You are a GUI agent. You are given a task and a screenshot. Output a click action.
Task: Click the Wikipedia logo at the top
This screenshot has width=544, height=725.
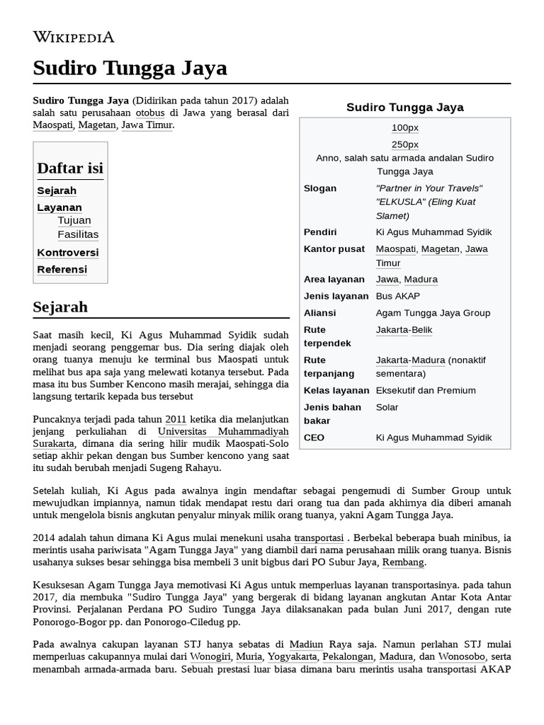(x=74, y=37)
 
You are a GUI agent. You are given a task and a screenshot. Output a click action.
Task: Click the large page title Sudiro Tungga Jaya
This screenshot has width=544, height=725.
(x=130, y=68)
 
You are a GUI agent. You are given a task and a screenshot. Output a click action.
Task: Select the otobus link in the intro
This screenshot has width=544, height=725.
(x=150, y=113)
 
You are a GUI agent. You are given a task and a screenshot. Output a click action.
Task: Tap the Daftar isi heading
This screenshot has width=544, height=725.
(x=70, y=169)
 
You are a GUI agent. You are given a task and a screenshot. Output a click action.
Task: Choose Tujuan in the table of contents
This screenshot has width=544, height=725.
(x=74, y=220)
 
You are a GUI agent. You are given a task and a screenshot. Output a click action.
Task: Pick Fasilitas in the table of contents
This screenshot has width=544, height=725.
(x=78, y=234)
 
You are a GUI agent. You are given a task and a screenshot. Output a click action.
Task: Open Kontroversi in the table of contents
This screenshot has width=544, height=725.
(x=68, y=253)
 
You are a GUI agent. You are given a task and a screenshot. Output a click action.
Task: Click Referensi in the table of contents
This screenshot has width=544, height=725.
(x=62, y=270)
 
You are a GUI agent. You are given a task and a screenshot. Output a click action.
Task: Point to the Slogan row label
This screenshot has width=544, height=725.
(x=320, y=188)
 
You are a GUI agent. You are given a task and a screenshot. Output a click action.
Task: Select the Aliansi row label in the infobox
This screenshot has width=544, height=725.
(x=319, y=313)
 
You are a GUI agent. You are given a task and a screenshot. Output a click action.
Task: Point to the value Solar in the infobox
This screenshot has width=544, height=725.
(x=387, y=407)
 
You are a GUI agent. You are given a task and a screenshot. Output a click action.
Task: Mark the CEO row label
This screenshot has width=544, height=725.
(x=314, y=438)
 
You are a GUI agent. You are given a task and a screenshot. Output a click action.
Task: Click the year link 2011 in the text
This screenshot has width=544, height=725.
(x=176, y=419)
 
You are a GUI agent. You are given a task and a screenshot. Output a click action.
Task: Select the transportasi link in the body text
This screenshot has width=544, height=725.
(x=319, y=538)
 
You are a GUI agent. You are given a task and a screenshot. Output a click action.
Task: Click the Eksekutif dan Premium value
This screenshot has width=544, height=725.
(x=426, y=390)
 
